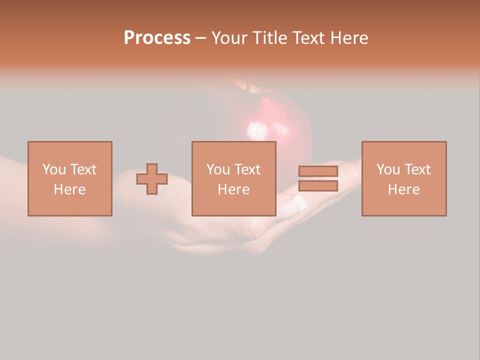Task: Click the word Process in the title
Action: pyautogui.click(x=157, y=38)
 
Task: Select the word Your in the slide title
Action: pyautogui.click(x=229, y=38)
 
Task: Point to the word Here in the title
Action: pyautogui.click(x=348, y=38)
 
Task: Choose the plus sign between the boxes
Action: pyautogui.click(x=152, y=179)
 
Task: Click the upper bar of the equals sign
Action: pyautogui.click(x=318, y=171)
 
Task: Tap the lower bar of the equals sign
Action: pyautogui.click(x=318, y=186)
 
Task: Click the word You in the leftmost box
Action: pyautogui.click(x=53, y=169)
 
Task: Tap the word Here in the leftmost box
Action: pyautogui.click(x=70, y=189)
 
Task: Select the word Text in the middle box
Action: pyautogui.click(x=247, y=169)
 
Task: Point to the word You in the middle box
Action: pyautogui.click(x=218, y=169)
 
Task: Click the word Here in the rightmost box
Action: pyautogui.click(x=404, y=189)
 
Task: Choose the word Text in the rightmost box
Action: pyautogui.click(x=417, y=169)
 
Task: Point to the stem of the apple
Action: pyautogui.click(x=248, y=86)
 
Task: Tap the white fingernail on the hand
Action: pyautogui.click(x=299, y=202)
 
